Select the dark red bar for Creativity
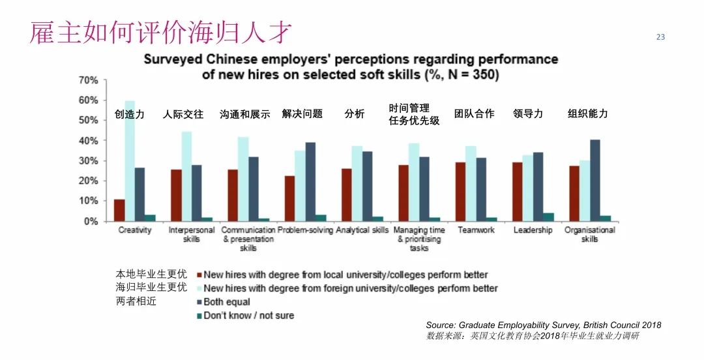point(119,210)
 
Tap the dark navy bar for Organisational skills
point(595,181)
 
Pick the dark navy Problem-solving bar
point(310,182)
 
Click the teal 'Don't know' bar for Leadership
point(548,217)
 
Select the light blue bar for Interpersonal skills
point(186,177)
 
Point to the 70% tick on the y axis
point(88,80)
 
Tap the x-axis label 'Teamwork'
point(476,230)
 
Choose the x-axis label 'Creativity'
point(135,230)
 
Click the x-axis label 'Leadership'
point(533,230)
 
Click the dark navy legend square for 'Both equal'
point(198,302)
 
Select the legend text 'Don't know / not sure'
point(248,316)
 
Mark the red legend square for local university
point(198,275)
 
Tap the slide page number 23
point(660,37)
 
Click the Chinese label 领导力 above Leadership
point(528,113)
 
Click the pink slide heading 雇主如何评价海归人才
point(160,33)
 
